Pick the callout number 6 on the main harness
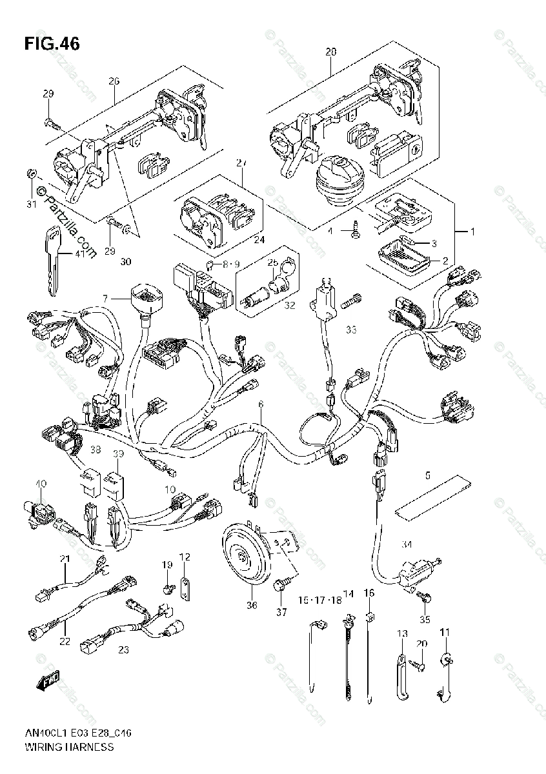(x=261, y=404)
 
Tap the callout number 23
(x=123, y=650)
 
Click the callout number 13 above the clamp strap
(x=402, y=635)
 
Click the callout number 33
(x=350, y=330)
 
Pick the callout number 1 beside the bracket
(x=472, y=231)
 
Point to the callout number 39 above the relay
(x=118, y=454)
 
